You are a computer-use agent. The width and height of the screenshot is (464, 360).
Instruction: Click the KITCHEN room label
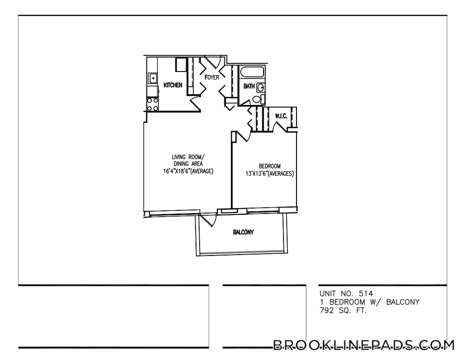(x=172, y=85)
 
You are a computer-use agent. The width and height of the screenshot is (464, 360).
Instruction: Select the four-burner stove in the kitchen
(x=152, y=103)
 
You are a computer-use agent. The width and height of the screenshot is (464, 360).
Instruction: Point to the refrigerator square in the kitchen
(x=181, y=65)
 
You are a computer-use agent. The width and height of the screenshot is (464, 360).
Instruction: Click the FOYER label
(x=212, y=77)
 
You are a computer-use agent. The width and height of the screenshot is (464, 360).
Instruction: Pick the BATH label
(x=249, y=86)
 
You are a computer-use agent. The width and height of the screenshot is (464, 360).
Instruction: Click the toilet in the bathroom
(x=256, y=99)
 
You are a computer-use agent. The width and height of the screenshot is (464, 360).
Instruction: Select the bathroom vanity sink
(x=261, y=87)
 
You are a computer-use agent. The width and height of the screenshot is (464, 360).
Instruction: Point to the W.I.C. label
(x=280, y=116)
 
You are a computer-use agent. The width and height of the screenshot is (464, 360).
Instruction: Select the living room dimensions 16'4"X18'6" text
(x=188, y=171)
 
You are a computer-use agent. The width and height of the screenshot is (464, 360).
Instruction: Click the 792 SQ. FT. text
(x=343, y=310)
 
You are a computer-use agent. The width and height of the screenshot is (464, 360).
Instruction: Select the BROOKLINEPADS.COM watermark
(x=363, y=345)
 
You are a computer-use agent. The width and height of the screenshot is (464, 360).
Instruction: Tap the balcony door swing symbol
(x=207, y=220)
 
